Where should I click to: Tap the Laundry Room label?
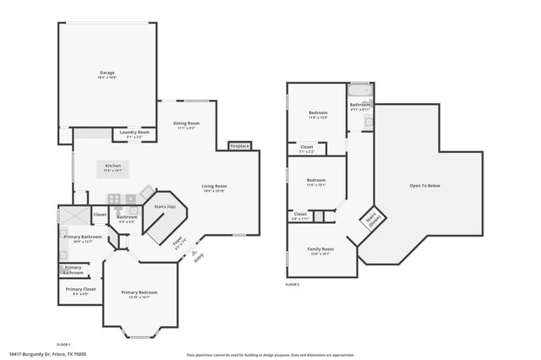coord(134,132)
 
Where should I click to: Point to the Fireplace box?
coord(240,146)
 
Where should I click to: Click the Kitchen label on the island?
coord(112,166)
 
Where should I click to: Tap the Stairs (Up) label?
coord(165,205)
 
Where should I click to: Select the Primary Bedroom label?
coord(139,292)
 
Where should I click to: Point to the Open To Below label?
coord(424,186)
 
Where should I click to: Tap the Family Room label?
coord(320,249)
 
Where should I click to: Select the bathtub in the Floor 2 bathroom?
coord(359,90)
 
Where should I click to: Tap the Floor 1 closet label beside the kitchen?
coord(100,214)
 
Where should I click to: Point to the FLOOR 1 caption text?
coord(63,344)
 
